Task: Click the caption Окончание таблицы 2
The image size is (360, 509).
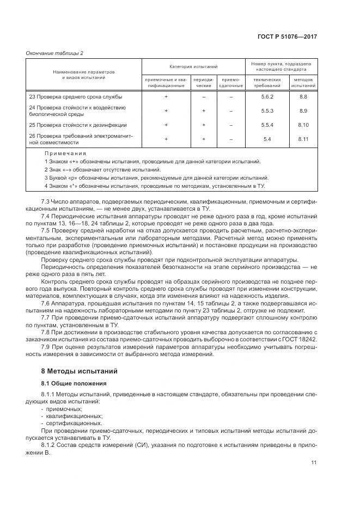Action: (x=54, y=53)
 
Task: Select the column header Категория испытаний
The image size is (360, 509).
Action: (x=193, y=66)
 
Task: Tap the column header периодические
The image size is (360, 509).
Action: (x=203, y=82)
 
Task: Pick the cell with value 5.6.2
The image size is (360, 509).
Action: (x=267, y=96)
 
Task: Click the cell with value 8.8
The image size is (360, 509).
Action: (x=303, y=96)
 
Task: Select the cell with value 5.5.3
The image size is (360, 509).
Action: (x=267, y=111)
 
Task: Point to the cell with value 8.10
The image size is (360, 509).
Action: (x=303, y=125)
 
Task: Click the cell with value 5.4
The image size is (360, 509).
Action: (x=267, y=139)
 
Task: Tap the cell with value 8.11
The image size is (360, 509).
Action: (x=303, y=139)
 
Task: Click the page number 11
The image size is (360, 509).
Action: (x=314, y=463)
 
